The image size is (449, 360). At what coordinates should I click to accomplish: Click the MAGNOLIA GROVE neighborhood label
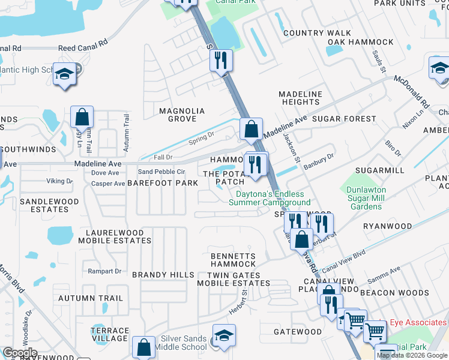181,115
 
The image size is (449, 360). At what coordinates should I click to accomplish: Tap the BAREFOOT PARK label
163,182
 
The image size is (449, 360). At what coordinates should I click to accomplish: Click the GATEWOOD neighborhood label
298,332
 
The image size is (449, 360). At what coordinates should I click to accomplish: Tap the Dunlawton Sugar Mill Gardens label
364,199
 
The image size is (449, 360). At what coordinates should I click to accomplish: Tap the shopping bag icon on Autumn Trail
82,118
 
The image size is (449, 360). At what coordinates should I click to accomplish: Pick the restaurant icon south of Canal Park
220,60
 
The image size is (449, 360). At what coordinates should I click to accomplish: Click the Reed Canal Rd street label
83,46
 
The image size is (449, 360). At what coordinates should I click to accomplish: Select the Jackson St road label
291,148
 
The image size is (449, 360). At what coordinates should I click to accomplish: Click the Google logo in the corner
20,353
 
